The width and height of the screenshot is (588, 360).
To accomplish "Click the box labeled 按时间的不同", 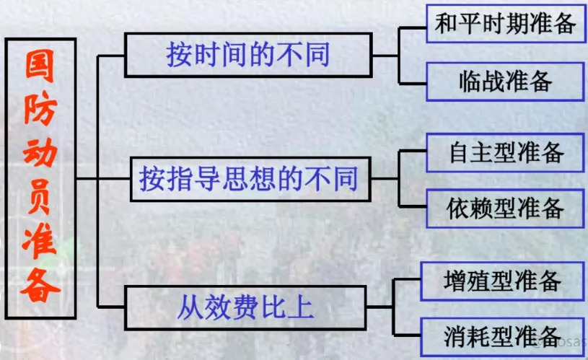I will [248, 55].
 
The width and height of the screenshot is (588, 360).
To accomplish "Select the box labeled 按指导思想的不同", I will [247, 178].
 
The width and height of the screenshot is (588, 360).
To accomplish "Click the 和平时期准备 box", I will [505, 23].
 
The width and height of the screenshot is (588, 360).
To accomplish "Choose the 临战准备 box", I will [505, 81].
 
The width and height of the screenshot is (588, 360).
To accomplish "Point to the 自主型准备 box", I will [505, 152].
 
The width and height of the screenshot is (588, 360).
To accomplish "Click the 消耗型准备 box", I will [502, 336].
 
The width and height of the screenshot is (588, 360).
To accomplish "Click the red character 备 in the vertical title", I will [40, 289].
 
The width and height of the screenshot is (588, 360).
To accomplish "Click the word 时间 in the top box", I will [214, 55].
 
